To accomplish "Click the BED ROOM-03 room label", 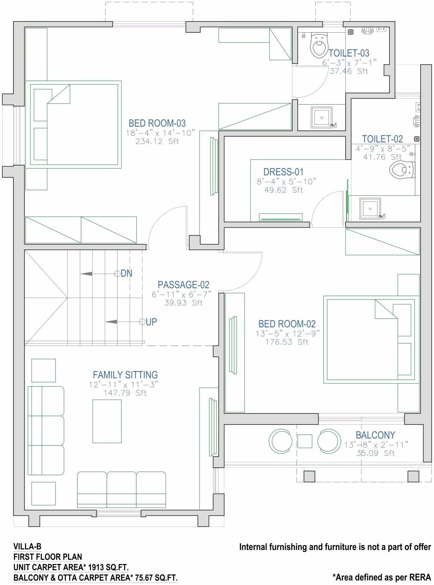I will (x=157, y=123).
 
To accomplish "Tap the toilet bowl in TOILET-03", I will (x=318, y=45).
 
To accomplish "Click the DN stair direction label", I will (x=126, y=273).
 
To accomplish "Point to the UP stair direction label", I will (x=151, y=322).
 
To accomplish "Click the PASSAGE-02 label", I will (x=183, y=285).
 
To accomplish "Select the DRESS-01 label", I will (x=283, y=172).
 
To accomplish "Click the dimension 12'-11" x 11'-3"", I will (x=123, y=384).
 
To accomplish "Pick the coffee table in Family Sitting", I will (x=107, y=421).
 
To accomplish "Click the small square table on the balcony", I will (x=305, y=441).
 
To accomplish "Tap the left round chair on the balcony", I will (x=281, y=441).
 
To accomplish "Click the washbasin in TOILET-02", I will (x=370, y=209).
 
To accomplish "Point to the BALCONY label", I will (x=375, y=435).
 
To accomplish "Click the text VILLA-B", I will (x=27, y=547).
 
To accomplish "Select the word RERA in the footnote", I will (x=420, y=577).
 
